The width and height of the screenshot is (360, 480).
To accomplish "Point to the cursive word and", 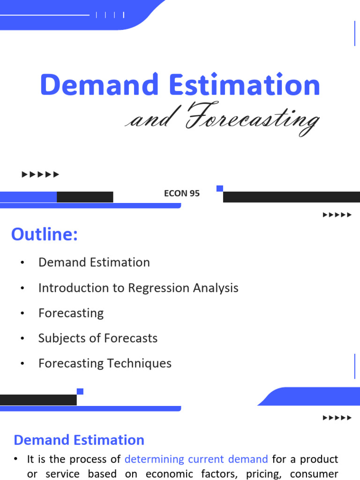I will click(150, 120).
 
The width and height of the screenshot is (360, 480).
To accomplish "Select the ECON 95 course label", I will click(182, 193).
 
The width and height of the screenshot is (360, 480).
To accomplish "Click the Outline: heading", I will click(45, 234).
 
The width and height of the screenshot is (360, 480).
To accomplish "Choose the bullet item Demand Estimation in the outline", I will click(94, 262).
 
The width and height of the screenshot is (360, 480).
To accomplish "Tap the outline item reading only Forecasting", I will click(71, 313).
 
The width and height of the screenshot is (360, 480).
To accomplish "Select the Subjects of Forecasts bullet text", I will click(98, 338).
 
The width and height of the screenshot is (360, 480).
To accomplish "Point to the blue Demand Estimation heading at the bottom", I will click(79, 440).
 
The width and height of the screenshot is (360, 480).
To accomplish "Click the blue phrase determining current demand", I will click(196, 459).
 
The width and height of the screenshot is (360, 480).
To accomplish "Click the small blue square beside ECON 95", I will click(220, 188).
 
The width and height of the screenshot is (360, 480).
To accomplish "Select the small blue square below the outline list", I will click(80, 391).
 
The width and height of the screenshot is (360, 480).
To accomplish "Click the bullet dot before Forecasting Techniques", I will click(22, 364).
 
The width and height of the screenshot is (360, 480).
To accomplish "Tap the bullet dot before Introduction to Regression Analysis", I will click(22, 288).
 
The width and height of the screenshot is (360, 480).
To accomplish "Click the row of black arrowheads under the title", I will click(41, 175).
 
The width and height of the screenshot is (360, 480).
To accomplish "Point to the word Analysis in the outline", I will click(216, 288).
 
